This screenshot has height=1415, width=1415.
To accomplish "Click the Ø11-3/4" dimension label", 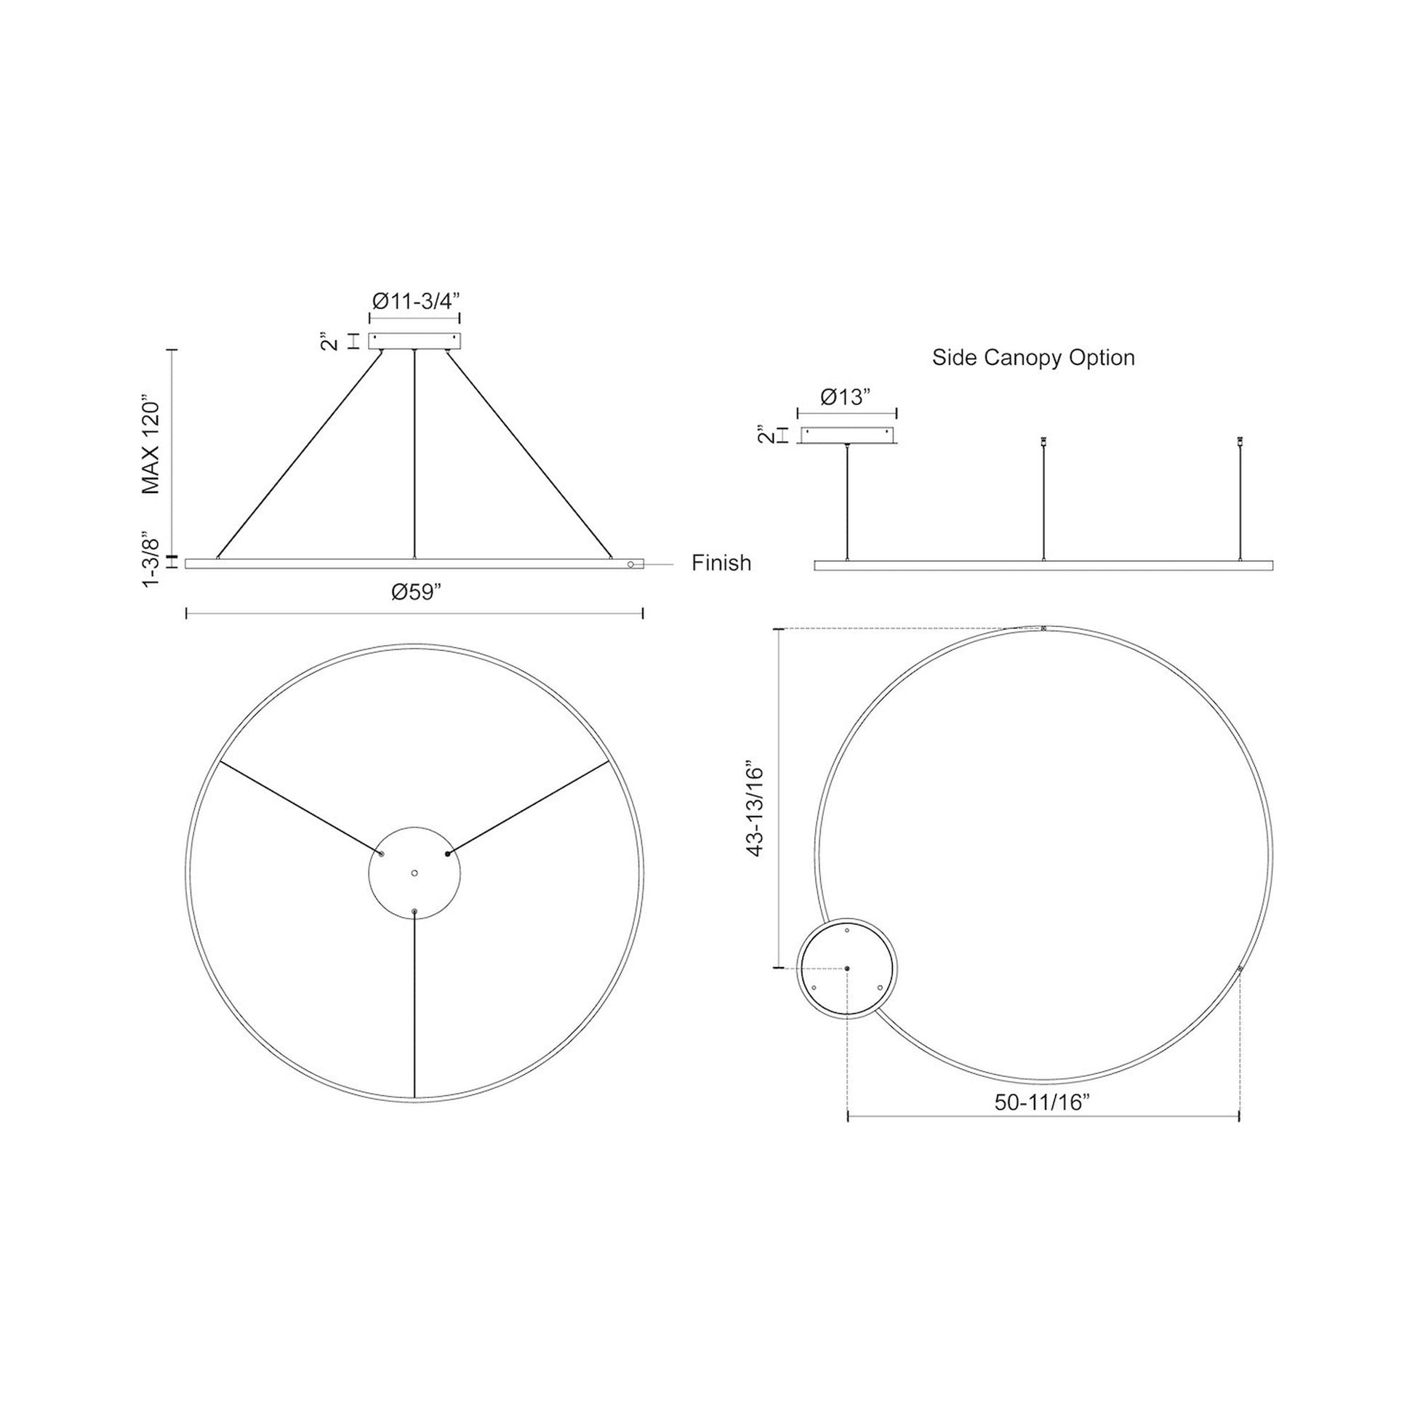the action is pos(415,301).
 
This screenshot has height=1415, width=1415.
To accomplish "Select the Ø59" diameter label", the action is pos(417,592).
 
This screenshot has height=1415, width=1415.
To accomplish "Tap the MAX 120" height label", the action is pos(151,446).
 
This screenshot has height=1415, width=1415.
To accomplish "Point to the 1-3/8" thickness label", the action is pos(151,559).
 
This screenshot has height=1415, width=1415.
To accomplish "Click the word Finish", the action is pos(721,563).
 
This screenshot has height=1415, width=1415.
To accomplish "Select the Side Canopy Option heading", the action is pos(1033,358).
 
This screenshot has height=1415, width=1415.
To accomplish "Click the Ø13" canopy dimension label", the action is pos(845,397).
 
